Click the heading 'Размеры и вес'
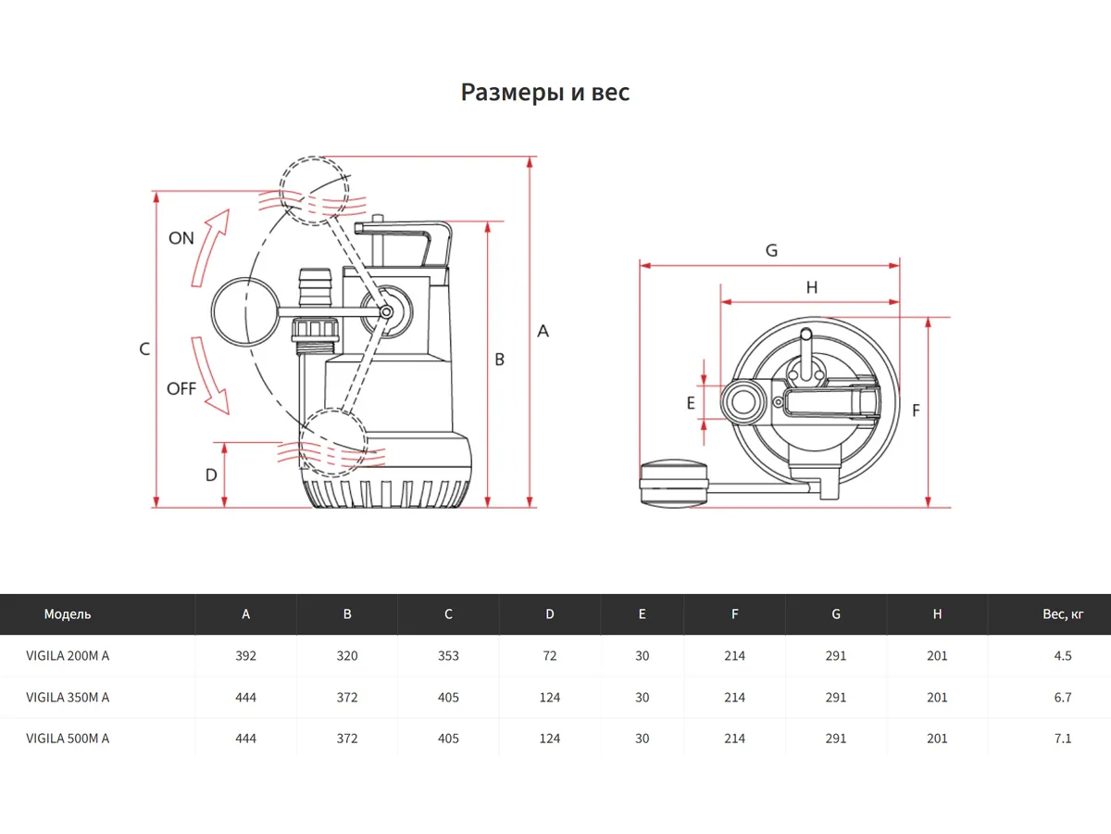[x=545, y=93]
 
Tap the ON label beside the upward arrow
[x=181, y=238]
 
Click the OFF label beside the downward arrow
[x=181, y=388]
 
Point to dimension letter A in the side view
[x=543, y=331]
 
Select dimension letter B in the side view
[x=499, y=360]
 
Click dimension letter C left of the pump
[x=144, y=349]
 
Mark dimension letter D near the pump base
[x=211, y=474]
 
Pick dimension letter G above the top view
[x=771, y=251]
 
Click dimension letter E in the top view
[x=691, y=402]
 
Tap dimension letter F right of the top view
[x=916, y=411]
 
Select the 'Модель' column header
[x=68, y=614]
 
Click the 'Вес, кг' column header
[x=1062, y=614]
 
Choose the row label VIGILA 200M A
[x=68, y=656]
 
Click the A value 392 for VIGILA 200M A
[x=245, y=656]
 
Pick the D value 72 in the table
[x=550, y=656]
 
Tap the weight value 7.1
[x=1062, y=739]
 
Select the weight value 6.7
[x=1062, y=697]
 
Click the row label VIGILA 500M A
[x=68, y=739]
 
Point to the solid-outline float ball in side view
[x=245, y=313]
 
